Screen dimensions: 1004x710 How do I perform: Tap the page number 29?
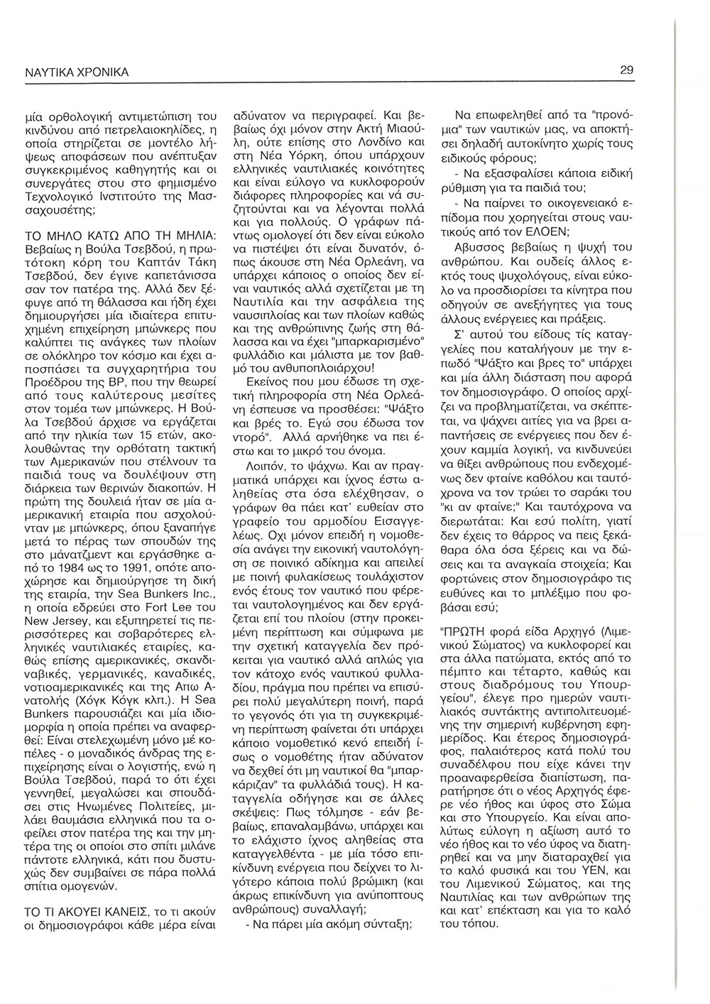pos(626,70)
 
